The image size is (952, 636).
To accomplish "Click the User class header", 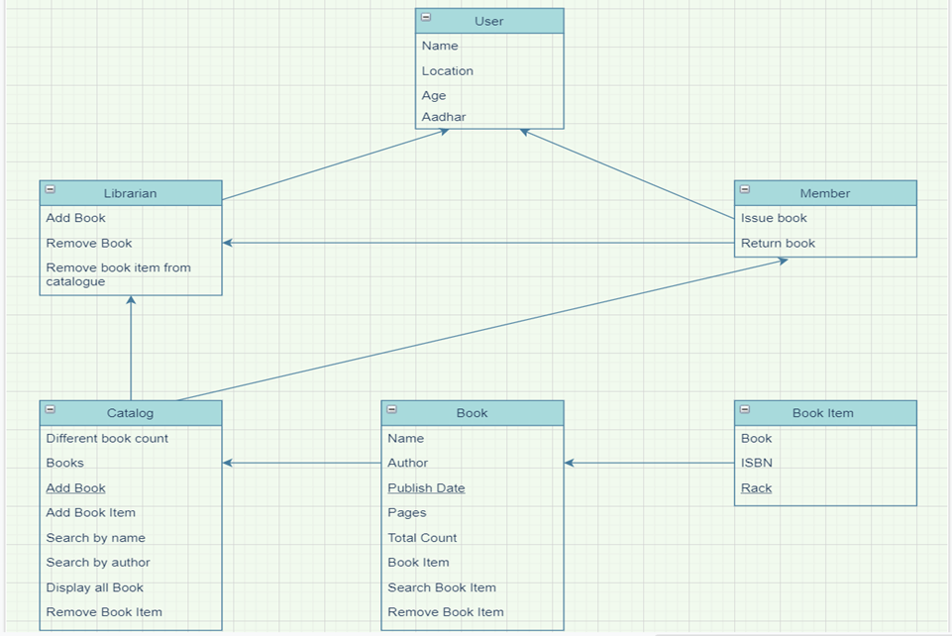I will click(489, 21).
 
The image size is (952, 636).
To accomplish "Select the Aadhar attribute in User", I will click(444, 117).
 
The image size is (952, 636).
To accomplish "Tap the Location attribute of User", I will click(447, 71).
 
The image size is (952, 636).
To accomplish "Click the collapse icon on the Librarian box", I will click(51, 189).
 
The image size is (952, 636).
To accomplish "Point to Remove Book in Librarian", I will click(89, 243).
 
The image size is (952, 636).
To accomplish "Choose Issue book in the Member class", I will click(774, 218).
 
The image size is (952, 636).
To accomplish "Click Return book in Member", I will click(778, 243).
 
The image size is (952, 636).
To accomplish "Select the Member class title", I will click(824, 193).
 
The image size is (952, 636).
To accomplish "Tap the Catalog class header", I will click(130, 413).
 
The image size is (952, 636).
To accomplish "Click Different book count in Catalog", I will click(107, 438).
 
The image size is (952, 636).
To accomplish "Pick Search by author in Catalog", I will click(98, 562).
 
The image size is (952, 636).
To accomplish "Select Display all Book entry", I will click(95, 587).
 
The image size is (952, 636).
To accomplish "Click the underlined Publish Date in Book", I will click(426, 487).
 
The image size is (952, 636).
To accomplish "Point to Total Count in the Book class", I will click(422, 537).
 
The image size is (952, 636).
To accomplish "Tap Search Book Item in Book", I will click(442, 587).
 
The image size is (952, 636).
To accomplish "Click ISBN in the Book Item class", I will click(756, 463).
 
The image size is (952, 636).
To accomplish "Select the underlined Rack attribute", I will click(756, 487).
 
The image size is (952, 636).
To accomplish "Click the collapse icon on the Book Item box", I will click(745, 409).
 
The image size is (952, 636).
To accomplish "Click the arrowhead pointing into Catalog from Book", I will click(228, 463).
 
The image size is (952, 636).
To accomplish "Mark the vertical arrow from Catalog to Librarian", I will click(131, 347).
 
